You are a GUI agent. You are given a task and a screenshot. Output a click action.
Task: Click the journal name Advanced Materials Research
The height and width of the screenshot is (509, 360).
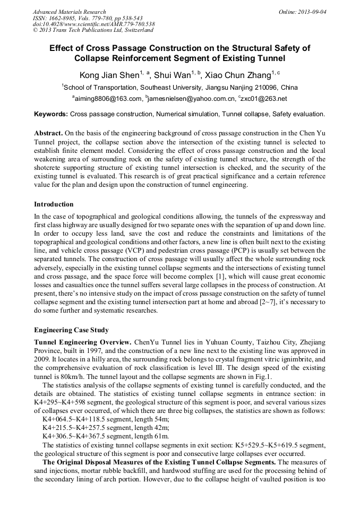(69, 12)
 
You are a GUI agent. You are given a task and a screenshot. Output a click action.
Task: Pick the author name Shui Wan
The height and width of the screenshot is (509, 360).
(172, 75)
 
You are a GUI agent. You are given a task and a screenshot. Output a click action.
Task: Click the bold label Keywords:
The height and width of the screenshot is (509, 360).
(51, 114)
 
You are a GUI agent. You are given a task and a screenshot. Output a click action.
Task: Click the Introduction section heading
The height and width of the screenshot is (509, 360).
(54, 204)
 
